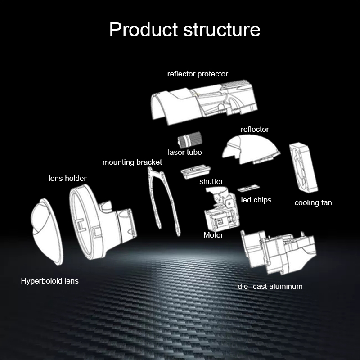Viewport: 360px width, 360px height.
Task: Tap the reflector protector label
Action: pos(198,74)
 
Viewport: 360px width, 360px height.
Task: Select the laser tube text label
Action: pos(184,152)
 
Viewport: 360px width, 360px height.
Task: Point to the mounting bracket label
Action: pos(132,162)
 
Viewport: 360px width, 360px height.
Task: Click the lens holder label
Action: pos(67,178)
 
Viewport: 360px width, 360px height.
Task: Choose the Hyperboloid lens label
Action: pos(49,281)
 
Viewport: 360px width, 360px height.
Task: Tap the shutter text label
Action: pos(211,182)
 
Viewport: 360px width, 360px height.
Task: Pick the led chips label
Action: pos(256,200)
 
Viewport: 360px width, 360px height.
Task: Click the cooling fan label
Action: pos(313,202)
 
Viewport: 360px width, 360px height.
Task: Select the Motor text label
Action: pos(213,235)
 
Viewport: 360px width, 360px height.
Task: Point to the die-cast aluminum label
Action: pos(270,286)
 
